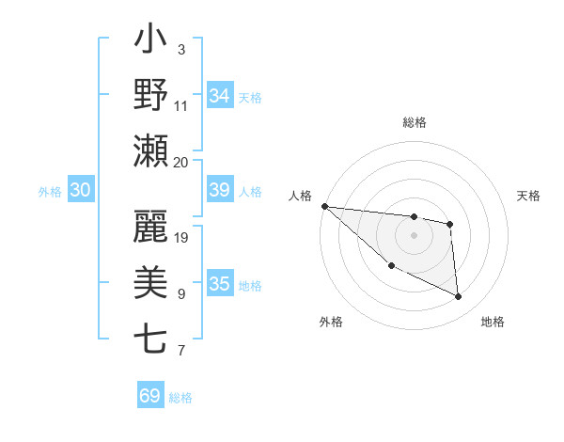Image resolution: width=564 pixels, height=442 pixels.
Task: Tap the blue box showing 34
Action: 220,96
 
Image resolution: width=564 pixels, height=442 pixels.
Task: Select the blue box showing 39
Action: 220,191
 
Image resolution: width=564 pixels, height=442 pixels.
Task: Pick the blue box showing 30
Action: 81,191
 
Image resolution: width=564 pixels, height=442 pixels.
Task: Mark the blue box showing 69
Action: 150,396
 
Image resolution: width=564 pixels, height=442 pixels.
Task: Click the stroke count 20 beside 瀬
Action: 180,162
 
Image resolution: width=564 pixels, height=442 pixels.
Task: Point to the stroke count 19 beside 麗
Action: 182,237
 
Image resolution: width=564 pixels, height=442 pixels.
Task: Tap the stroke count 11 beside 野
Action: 181,105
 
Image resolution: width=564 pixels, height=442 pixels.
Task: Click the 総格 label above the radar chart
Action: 415,122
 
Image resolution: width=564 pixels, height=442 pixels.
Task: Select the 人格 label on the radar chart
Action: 300,196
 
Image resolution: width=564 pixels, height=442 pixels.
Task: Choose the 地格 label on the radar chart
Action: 493,323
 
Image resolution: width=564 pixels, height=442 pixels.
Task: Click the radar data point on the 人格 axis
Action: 324,206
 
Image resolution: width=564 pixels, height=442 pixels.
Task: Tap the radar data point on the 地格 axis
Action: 459,297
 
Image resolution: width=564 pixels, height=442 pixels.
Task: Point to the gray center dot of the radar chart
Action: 414,235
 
